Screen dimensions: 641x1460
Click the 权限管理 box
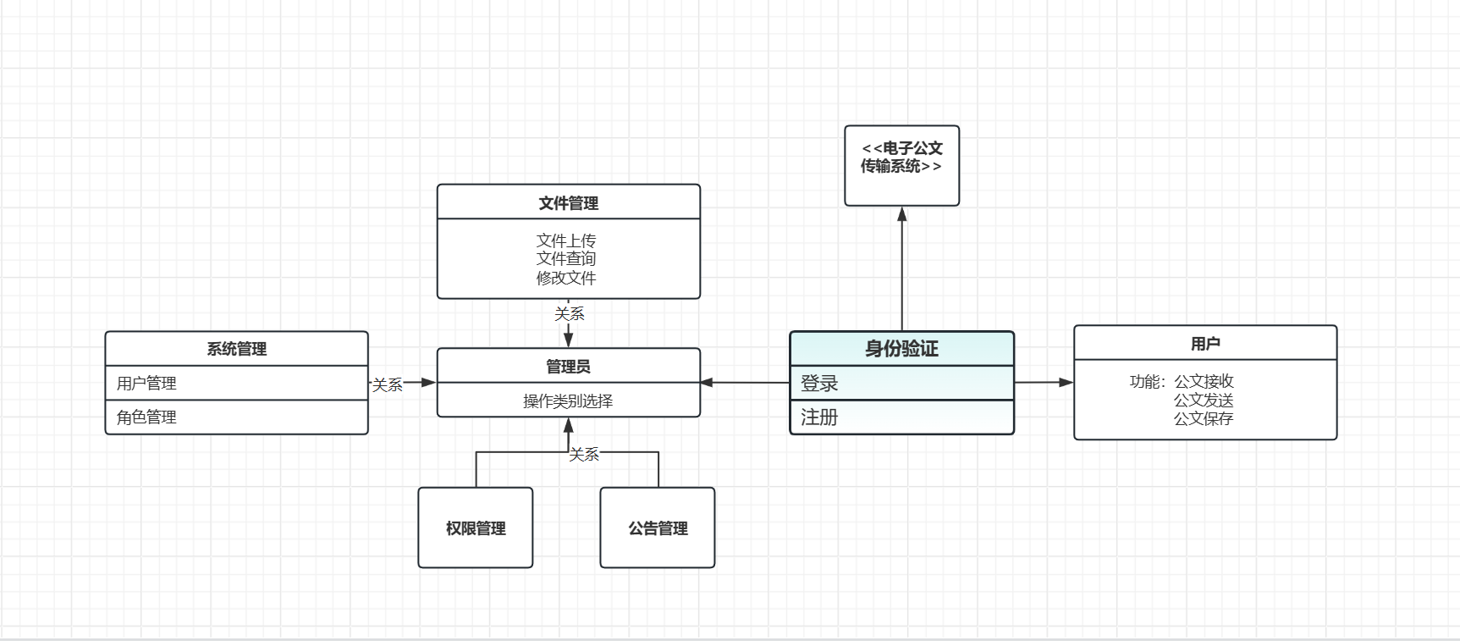click(476, 528)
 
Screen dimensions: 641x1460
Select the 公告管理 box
click(658, 528)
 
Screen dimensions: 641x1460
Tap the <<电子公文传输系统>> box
click(901, 165)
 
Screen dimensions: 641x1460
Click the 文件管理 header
click(568, 202)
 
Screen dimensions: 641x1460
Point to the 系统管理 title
click(236, 349)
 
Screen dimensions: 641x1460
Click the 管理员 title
click(568, 366)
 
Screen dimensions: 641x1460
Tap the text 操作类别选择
click(568, 401)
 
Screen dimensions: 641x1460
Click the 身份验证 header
click(901, 349)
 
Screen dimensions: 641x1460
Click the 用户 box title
click(1205, 343)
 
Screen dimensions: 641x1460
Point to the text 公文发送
click(1204, 400)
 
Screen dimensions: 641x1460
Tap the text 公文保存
click(1204, 418)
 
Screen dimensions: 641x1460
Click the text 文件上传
click(566, 240)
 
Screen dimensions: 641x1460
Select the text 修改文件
click(566, 278)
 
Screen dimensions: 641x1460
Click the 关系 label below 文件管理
click(570, 314)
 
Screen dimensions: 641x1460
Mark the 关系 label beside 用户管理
click(388, 385)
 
